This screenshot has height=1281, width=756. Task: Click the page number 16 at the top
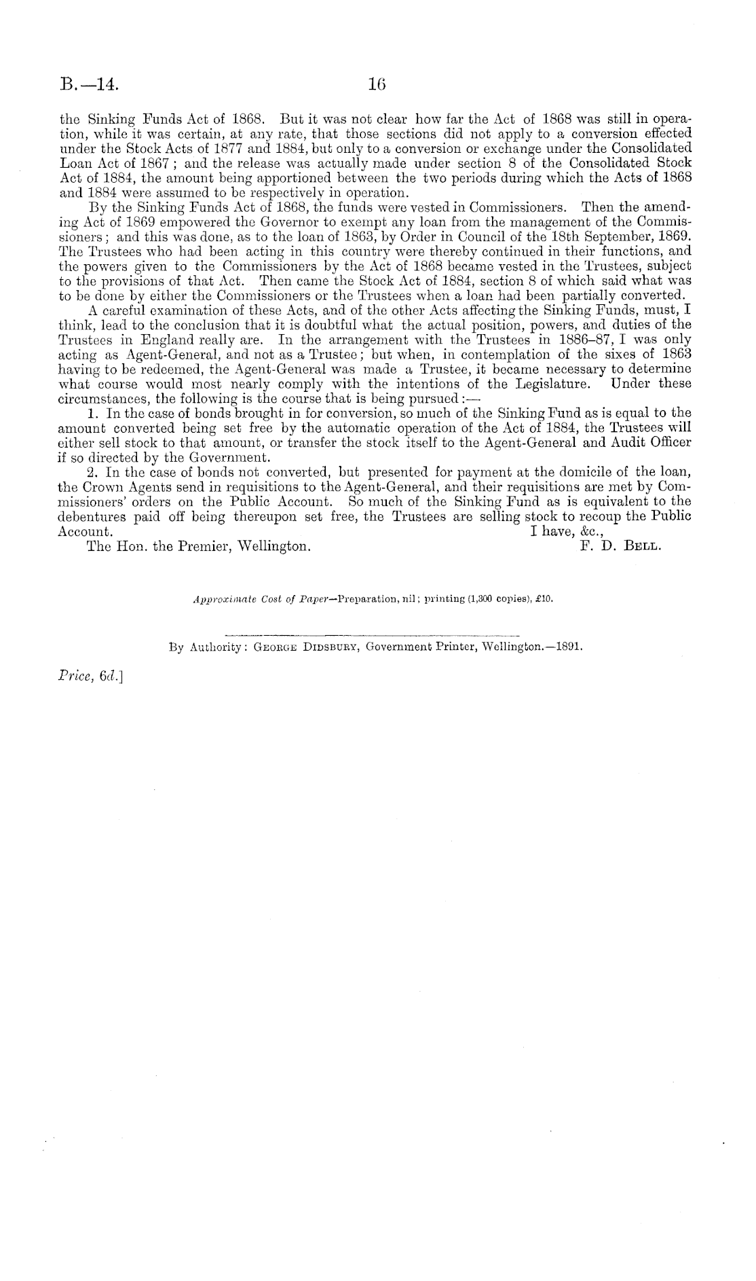click(x=377, y=85)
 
